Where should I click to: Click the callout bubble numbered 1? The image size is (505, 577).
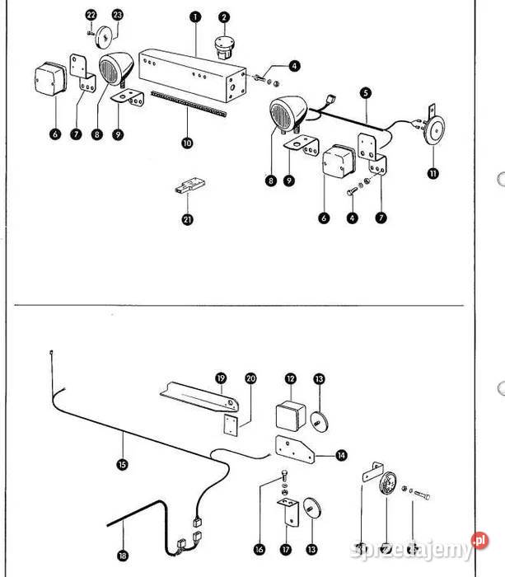point(194,16)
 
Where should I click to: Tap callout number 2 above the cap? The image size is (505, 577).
point(224,16)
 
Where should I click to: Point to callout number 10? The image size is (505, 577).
point(187,143)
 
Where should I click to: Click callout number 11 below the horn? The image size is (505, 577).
point(433,173)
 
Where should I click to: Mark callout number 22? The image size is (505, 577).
point(91,16)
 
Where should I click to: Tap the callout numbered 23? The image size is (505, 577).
point(117,16)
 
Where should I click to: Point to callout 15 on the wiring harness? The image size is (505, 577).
point(123,465)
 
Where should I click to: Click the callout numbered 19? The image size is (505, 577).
point(221,378)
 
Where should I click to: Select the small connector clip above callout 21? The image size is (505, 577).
point(187,185)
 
